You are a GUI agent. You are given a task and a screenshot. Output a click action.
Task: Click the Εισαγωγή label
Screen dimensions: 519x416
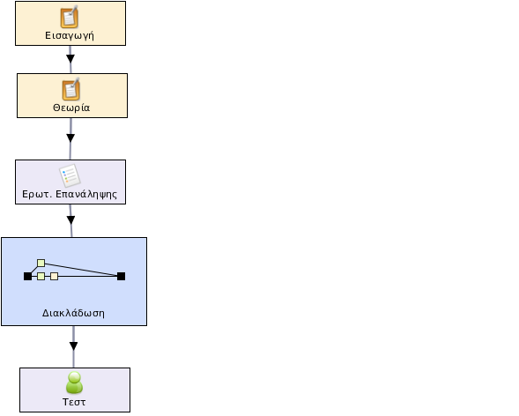[x=70, y=36]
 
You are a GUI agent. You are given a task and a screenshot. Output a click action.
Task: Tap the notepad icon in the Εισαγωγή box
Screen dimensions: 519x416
[x=70, y=17]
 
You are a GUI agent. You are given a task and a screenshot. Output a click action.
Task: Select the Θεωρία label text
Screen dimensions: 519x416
[x=71, y=108]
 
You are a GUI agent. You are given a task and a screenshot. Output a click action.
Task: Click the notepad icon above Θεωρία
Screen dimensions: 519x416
[x=71, y=89]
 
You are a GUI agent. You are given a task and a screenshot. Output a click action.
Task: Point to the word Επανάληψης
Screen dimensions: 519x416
[x=86, y=194]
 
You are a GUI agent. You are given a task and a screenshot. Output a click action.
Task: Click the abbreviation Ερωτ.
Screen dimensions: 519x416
[x=37, y=194]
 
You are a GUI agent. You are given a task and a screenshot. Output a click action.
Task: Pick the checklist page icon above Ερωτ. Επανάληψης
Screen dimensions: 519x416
[x=70, y=175]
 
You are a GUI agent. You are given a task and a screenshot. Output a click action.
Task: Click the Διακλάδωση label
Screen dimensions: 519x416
[x=73, y=313]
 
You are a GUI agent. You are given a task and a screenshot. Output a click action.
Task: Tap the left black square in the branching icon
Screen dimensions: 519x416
[x=28, y=276]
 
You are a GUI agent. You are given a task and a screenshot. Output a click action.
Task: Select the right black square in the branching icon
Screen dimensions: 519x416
[x=121, y=276]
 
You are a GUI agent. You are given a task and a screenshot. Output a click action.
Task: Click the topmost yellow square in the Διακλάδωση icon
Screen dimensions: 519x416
[x=41, y=263]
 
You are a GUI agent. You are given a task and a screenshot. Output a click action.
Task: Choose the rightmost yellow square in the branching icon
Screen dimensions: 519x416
[x=55, y=276]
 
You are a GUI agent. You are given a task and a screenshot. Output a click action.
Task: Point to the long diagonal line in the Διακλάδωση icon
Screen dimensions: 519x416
[x=81, y=270]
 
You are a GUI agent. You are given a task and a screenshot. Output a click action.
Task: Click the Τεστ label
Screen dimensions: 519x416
[x=74, y=402]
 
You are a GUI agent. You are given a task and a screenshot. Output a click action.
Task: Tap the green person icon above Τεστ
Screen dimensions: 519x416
[x=75, y=383]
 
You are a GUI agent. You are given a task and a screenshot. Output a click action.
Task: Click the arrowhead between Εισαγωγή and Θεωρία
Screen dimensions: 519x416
[x=70, y=58]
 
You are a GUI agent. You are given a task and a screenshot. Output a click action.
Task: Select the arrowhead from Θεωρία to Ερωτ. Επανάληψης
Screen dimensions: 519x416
[x=70, y=138]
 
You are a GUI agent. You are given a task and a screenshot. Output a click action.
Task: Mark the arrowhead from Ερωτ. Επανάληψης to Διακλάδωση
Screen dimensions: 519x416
[x=70, y=219]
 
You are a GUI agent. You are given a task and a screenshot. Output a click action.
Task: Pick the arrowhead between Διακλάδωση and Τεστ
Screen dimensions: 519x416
[x=73, y=346]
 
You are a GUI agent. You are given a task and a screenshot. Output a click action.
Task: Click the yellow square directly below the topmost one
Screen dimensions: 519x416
[x=41, y=276]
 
